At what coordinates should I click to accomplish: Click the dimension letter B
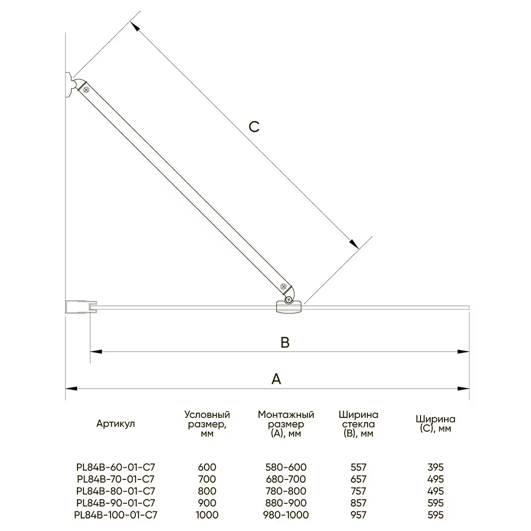[x=285, y=343]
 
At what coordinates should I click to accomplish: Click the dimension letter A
[x=276, y=379]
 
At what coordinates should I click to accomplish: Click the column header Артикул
[x=116, y=424]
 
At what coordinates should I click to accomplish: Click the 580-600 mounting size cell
[x=286, y=468]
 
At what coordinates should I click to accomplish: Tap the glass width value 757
[x=359, y=491]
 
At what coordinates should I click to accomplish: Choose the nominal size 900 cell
[x=207, y=503]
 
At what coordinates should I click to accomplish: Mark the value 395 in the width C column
[x=435, y=468]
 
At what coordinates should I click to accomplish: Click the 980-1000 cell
[x=286, y=515]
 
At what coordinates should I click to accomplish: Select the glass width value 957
[x=359, y=515]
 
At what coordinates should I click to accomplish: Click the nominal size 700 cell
[x=207, y=479]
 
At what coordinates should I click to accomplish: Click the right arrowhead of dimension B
[x=465, y=351]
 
